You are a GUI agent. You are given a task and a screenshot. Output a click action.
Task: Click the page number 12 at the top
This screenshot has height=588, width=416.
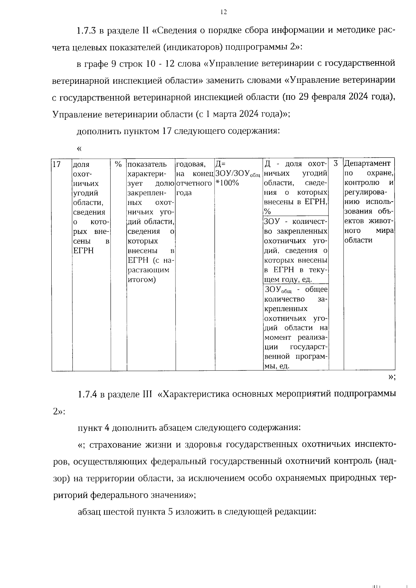[224, 12]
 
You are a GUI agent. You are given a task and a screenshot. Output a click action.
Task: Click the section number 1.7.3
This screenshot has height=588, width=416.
[87, 30]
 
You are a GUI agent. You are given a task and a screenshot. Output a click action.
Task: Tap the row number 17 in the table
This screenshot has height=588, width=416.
[56, 164]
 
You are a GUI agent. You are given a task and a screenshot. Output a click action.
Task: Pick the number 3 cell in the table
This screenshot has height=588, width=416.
[335, 163]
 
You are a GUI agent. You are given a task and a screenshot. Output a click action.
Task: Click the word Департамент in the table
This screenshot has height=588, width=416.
[367, 163]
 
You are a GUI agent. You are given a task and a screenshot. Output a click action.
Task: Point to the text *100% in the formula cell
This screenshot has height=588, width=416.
[227, 183]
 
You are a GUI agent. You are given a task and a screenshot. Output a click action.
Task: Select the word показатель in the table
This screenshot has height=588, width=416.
[147, 164]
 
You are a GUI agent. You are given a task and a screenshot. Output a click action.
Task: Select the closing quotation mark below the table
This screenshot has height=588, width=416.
[391, 377]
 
